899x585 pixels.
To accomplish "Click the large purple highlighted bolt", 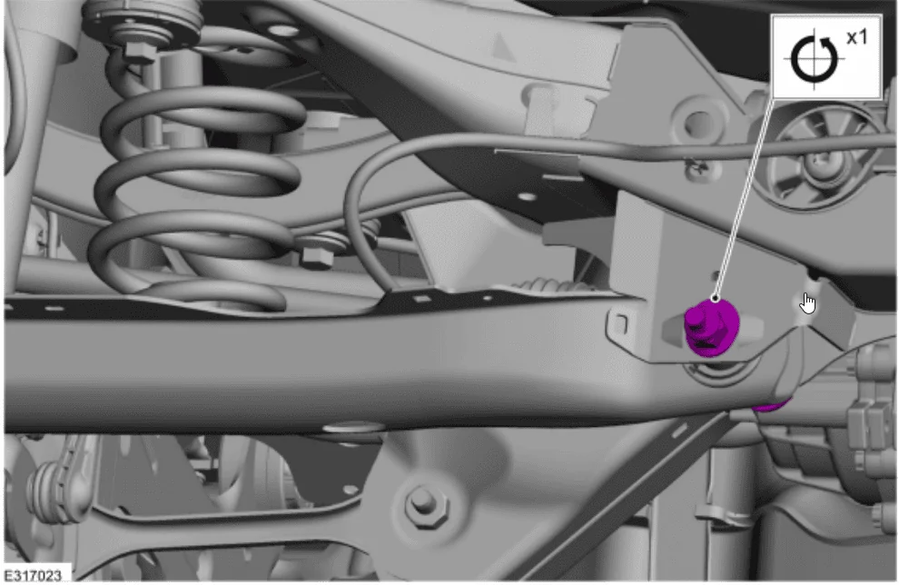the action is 711,328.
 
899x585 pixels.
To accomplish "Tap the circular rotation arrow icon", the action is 814,59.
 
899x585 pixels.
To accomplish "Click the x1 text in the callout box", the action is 857,38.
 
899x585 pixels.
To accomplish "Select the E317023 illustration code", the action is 33,575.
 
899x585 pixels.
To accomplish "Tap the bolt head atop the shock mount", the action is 140,51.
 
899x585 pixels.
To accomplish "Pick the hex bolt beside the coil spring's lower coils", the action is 317,253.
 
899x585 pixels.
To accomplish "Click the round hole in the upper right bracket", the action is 699,122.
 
